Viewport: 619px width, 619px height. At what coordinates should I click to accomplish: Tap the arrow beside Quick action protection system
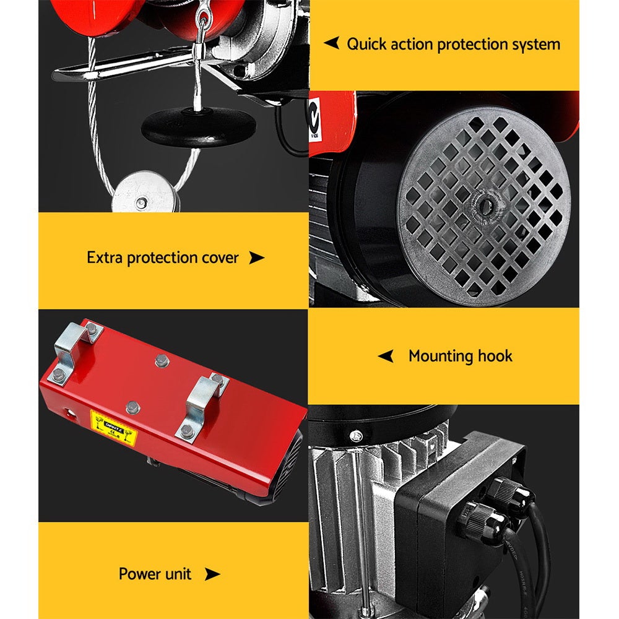point(332,43)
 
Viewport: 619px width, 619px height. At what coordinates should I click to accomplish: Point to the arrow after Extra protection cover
point(256,258)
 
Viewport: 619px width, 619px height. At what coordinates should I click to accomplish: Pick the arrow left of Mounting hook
point(386,356)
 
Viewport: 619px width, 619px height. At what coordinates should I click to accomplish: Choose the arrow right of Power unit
point(212,574)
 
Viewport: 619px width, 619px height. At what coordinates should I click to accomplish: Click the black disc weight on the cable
point(199,126)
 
